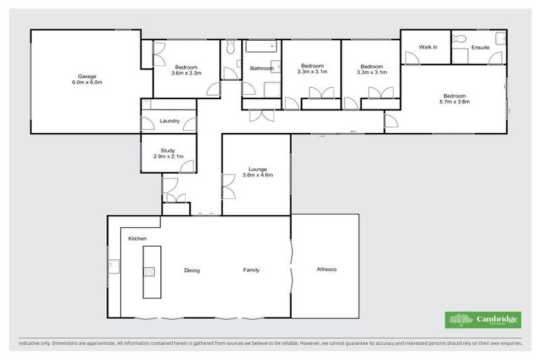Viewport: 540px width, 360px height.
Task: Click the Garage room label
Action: (87, 76)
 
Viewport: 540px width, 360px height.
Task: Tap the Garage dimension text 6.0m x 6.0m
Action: (87, 82)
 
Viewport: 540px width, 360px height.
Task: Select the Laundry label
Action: (169, 121)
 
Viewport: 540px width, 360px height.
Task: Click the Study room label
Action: (167, 150)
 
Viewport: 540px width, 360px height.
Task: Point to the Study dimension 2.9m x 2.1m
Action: (168, 156)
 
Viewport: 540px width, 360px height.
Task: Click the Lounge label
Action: (256, 169)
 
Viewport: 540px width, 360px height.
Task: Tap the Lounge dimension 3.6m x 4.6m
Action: (256, 175)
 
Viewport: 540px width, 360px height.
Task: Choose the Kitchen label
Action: (137, 239)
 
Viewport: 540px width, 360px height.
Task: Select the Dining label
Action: (193, 270)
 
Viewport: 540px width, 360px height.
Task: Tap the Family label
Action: (251, 270)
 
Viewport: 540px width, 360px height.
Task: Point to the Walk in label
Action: (428, 47)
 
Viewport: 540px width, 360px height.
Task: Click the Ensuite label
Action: (481, 47)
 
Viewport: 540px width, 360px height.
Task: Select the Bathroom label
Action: (262, 68)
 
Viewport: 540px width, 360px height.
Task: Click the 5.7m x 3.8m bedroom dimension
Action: (454, 102)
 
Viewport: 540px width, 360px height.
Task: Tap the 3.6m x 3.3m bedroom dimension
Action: (186, 72)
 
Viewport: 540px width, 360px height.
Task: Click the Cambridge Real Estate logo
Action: (483, 320)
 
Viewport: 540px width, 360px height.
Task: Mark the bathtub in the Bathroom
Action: (262, 48)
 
